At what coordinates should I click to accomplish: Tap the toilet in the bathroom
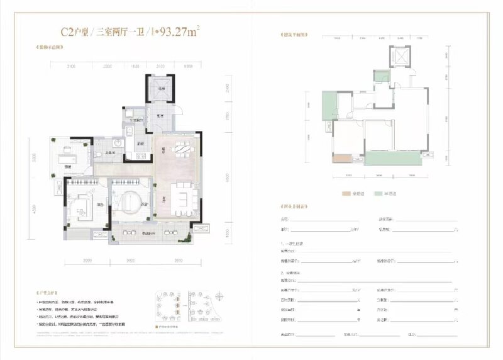pos(101,155)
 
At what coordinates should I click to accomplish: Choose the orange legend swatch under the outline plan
pos(346,194)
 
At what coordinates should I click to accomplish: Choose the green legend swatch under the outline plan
pos(379,194)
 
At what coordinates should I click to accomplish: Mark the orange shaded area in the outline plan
pos(340,160)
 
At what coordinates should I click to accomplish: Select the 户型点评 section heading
pos(49,293)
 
